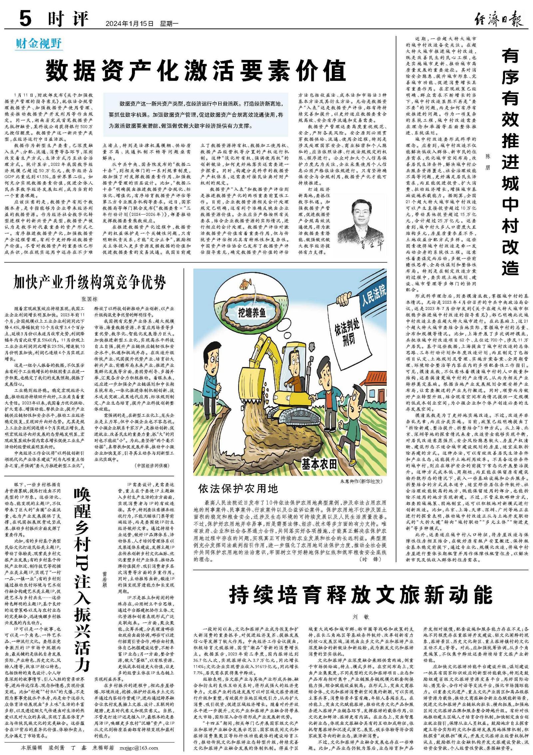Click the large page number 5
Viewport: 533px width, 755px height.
[26, 18]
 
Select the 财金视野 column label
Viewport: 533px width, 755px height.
[39, 44]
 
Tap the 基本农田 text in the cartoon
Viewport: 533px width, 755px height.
[319, 463]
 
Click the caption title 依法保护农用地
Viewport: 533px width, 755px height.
[238, 489]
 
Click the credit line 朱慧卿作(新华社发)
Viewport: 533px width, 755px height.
[361, 481]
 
